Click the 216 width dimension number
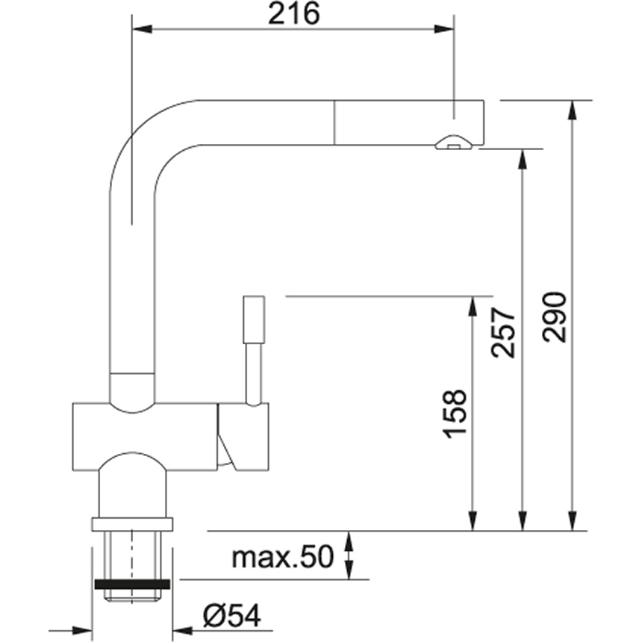[x=293, y=13]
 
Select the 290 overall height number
[x=555, y=317]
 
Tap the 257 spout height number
[x=505, y=331]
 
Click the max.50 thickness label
[x=281, y=557]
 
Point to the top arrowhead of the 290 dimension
[x=573, y=109]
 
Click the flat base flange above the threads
[x=132, y=523]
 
